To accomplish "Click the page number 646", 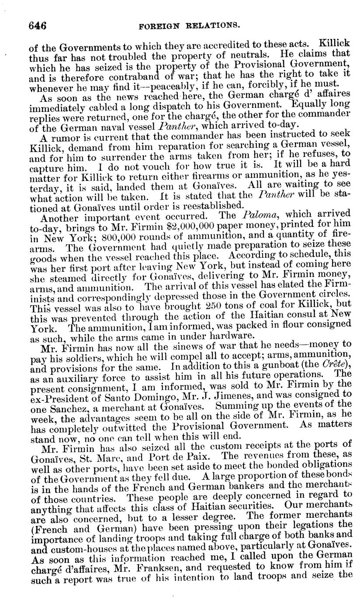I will tap(38, 25).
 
